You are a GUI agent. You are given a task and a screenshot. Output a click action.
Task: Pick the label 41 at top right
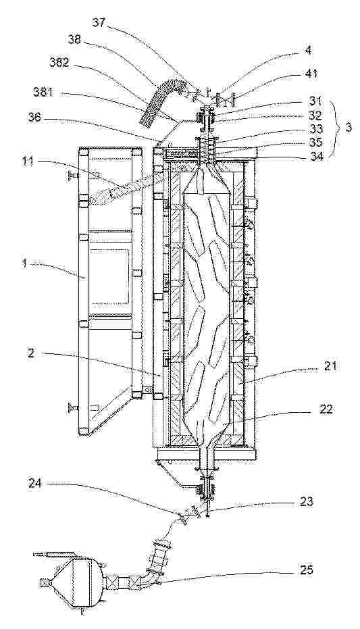point(311,74)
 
